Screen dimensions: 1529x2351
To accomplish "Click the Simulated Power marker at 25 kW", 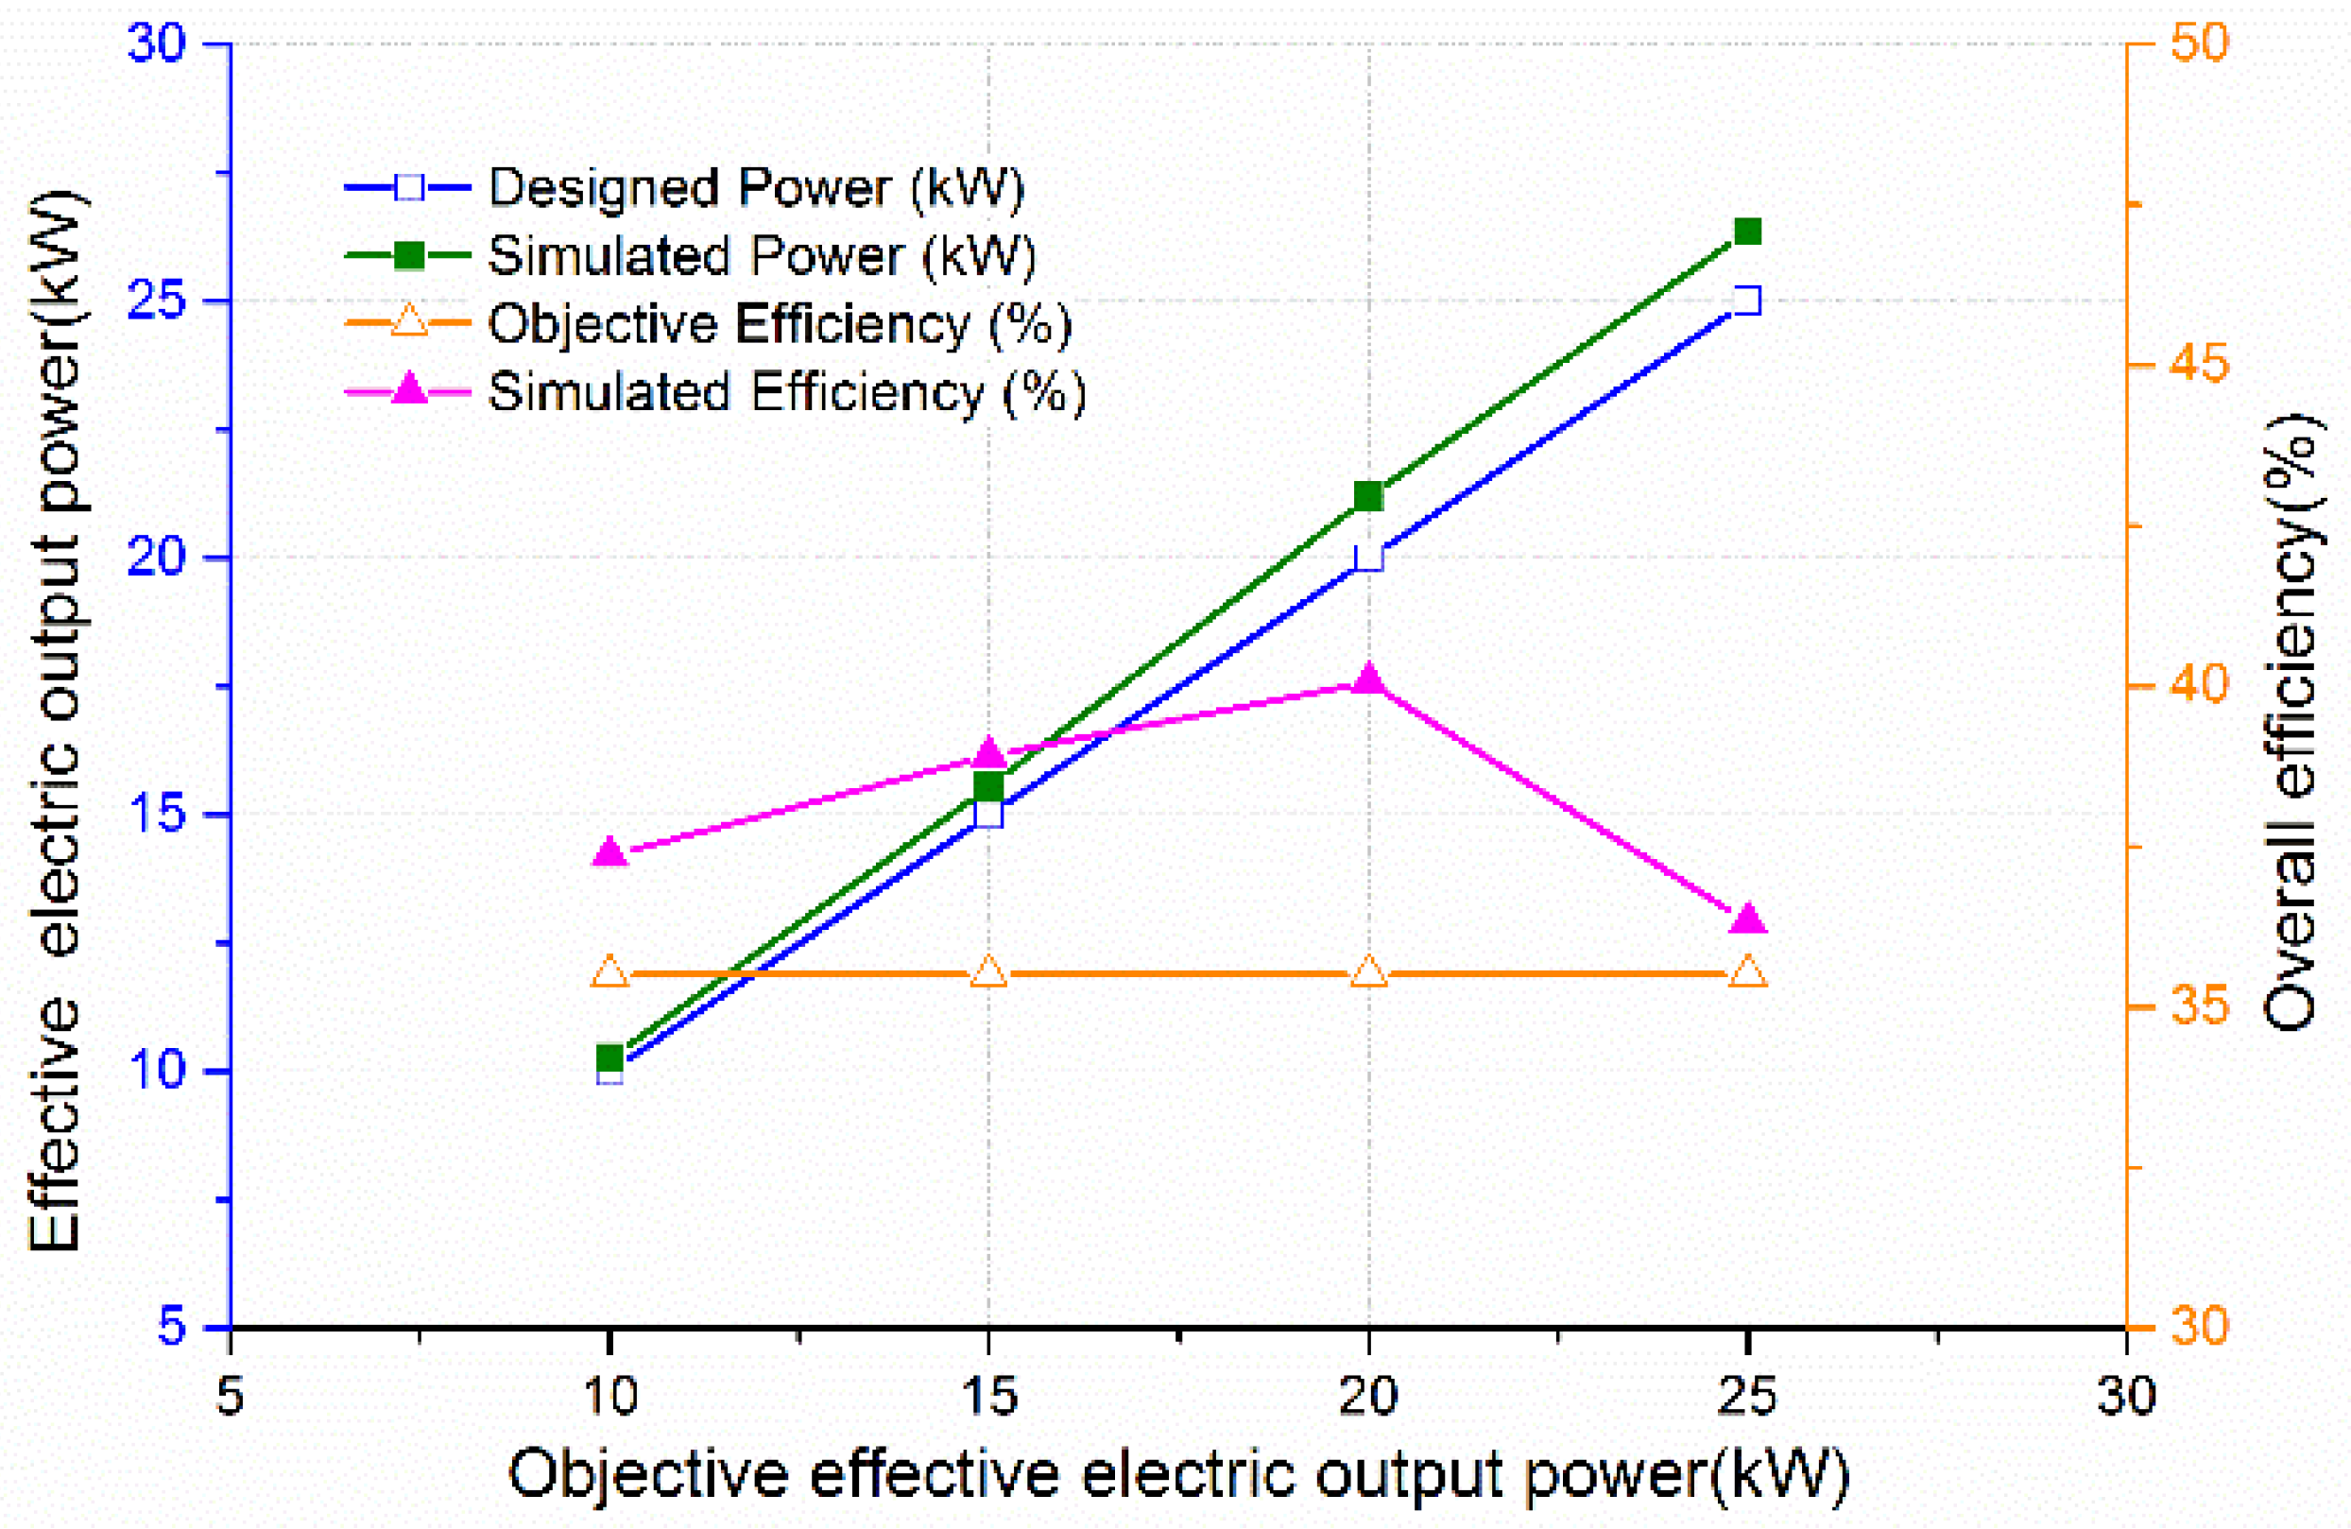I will coord(1747,232).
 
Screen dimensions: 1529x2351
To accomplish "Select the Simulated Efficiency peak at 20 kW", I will coord(1368,679).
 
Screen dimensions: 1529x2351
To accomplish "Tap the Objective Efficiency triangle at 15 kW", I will coord(988,971).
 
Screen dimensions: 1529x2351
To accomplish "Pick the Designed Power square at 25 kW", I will coord(1747,301).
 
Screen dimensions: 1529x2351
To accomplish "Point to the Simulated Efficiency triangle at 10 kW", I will coord(609,851).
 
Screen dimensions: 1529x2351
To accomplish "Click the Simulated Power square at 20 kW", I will coord(1368,496).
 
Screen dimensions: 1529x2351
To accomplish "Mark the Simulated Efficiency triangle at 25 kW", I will coord(1747,919).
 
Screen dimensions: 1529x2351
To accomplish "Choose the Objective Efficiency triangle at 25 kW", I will coord(1747,971).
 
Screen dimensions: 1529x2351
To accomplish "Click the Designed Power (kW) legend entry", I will coord(756,187).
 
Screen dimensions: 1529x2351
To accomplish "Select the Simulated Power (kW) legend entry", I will coord(761,256).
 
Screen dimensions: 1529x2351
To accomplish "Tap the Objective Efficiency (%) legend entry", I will coord(779,323).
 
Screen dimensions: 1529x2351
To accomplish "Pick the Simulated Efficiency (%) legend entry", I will coord(786,391).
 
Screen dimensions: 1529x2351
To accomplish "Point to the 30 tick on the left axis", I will coord(158,43).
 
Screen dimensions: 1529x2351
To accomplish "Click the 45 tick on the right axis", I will coord(2199,365).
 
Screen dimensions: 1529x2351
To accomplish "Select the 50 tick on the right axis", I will coord(2199,43).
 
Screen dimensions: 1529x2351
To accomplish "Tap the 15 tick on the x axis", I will coord(988,1396).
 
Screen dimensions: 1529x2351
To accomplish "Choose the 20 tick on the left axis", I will coord(158,558).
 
